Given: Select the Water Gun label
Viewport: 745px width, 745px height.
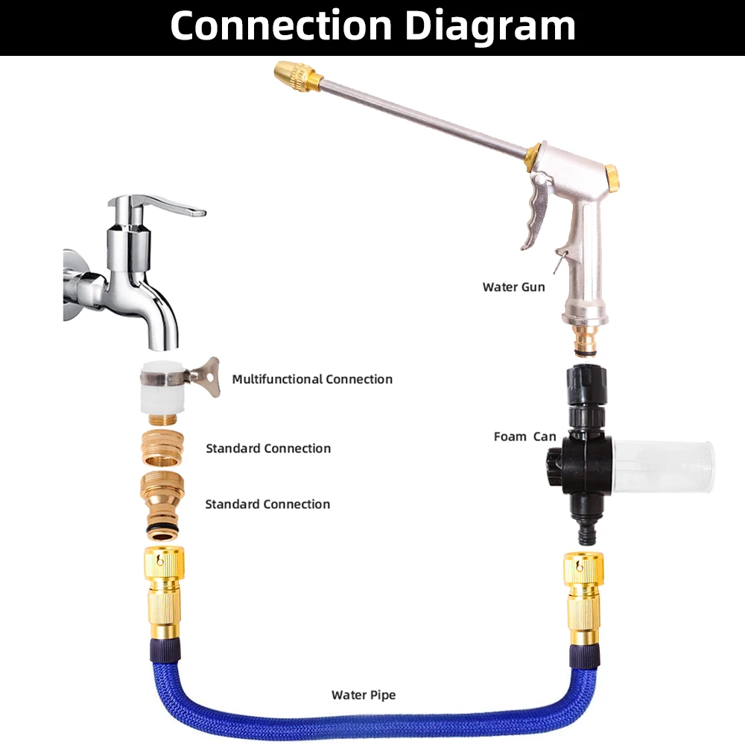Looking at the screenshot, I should point(513,287).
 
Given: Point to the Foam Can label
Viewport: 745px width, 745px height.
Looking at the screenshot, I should point(524,437).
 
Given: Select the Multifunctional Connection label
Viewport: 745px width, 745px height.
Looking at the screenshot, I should point(311,379).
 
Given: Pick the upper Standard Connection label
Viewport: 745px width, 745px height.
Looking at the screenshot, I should point(268,448).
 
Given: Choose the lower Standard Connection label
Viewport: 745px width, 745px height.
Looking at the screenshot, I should point(267,504).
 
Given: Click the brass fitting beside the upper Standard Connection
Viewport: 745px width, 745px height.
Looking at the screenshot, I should point(164,448).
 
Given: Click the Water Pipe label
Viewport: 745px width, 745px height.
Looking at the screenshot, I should point(364,695).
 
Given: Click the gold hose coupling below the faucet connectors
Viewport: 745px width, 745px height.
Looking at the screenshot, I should point(164,589).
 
